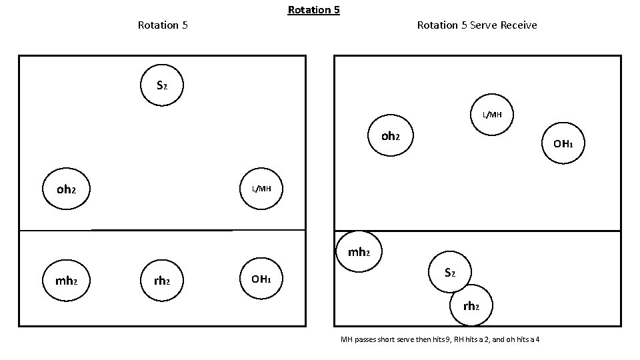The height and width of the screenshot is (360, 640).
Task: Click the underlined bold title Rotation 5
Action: (x=313, y=10)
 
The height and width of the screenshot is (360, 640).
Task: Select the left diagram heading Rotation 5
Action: (x=162, y=25)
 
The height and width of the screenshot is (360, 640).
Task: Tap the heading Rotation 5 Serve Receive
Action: (x=477, y=25)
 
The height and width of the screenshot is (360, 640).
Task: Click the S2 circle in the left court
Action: (x=161, y=85)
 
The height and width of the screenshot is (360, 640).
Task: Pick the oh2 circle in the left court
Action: (x=66, y=189)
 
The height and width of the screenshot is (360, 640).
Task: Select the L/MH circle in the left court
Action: (x=261, y=189)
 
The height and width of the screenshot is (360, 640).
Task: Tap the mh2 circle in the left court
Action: (x=66, y=281)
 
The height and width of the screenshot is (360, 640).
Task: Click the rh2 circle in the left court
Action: (x=162, y=281)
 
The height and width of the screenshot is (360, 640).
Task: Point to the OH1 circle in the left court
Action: (x=261, y=279)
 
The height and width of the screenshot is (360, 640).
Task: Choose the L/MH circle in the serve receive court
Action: (x=493, y=115)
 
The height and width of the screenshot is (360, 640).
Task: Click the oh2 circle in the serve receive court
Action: (x=391, y=137)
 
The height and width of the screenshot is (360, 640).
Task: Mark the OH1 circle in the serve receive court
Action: (x=563, y=143)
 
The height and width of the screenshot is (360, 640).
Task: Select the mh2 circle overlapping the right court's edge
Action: (x=359, y=252)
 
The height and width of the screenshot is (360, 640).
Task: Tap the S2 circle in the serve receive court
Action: (x=450, y=273)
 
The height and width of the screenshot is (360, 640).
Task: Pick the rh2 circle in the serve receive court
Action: (x=471, y=306)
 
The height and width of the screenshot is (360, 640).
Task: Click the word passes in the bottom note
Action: (x=365, y=340)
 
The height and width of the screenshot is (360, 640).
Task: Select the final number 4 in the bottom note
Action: (x=537, y=340)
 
